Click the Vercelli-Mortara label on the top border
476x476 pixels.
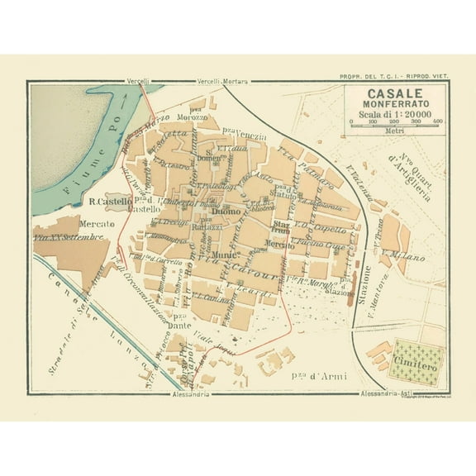pos(223,82)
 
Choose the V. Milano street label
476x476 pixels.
pos(404,257)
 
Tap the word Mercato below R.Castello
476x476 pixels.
pos(97,223)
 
